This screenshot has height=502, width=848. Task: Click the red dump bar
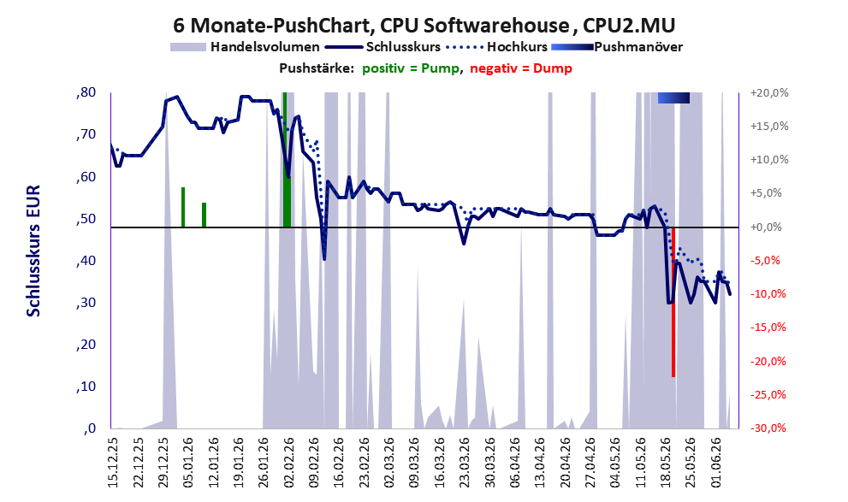673,302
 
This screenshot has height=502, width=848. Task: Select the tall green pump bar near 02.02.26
287,160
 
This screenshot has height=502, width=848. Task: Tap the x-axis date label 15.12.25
113,462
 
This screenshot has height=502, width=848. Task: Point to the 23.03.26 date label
465,462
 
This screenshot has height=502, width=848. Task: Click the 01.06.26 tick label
716,462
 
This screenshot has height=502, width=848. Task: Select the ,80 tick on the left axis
86,92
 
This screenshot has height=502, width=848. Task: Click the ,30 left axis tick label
86,303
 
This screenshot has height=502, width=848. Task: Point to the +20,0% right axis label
769,93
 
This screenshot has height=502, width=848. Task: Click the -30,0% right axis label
768,428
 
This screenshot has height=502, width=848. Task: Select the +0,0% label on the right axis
767,227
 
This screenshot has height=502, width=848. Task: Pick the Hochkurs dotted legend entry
497,47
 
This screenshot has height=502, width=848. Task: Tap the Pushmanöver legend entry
617,47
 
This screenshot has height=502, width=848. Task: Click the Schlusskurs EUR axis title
33,251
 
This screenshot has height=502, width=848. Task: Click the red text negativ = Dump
521,68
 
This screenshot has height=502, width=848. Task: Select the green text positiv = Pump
411,68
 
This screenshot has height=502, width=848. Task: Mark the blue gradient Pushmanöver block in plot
673,97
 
